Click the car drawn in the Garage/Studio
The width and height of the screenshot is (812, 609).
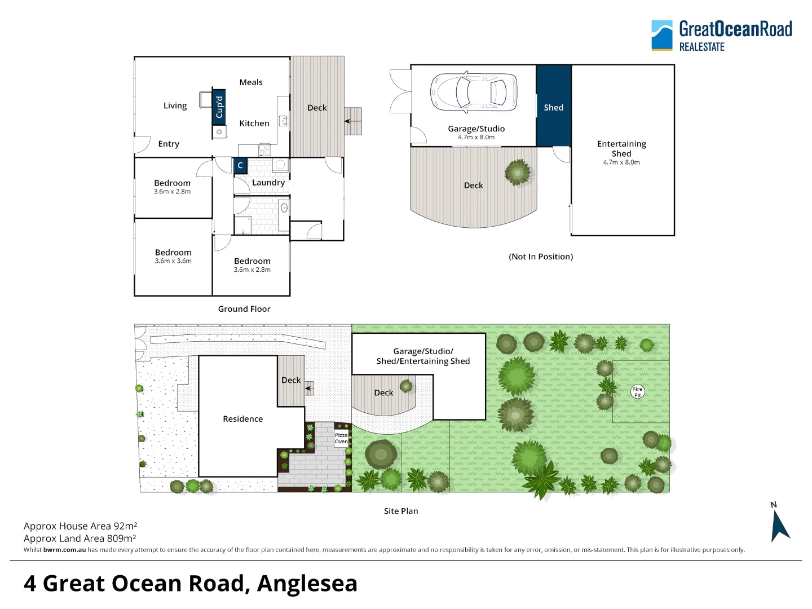[x=474, y=91]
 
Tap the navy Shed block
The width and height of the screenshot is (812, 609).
[x=554, y=106]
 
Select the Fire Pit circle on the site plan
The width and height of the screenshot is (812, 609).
[x=637, y=391]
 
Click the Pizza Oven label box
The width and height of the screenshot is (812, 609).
[x=341, y=439]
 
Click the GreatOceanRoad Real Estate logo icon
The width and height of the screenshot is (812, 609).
[x=662, y=36]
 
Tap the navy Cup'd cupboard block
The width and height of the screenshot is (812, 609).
[x=219, y=107]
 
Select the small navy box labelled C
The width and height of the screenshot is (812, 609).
[x=240, y=165]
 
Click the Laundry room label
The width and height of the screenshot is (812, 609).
[x=268, y=182]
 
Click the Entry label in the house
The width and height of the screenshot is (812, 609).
[x=169, y=144]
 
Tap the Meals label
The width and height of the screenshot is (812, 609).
[x=251, y=82]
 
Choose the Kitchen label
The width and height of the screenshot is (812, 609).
[x=254, y=123]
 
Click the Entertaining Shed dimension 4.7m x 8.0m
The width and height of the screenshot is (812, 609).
[x=621, y=162]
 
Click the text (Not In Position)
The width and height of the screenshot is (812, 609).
[x=541, y=257]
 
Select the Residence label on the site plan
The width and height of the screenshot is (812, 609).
[x=242, y=419]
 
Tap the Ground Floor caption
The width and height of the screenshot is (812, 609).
[x=244, y=309]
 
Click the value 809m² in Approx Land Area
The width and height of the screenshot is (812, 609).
[x=121, y=538]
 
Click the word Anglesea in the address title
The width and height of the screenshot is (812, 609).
[x=307, y=583]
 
